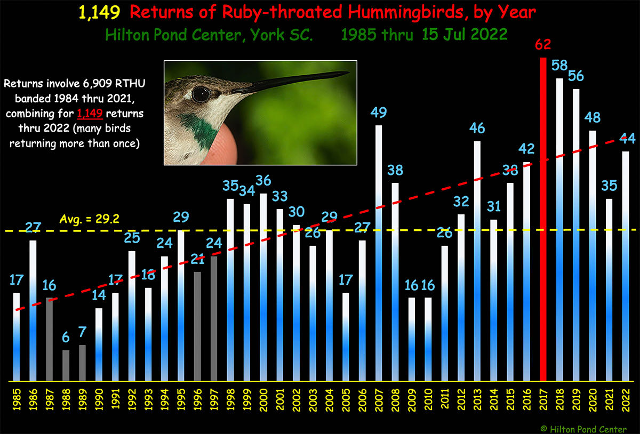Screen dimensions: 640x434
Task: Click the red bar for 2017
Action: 543,219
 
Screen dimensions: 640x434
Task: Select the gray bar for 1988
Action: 66,365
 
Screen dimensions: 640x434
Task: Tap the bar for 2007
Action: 379,253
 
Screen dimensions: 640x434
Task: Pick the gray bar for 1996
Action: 197,326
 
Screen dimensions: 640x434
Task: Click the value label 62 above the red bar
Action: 543,44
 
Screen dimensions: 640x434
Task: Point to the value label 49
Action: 379,112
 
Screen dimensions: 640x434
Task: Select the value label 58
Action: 559,66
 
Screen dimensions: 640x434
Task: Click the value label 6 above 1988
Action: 66,337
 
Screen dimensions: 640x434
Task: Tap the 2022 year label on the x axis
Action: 626,400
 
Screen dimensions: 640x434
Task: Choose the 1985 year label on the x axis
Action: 17,400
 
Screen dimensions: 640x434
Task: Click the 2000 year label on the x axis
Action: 263,400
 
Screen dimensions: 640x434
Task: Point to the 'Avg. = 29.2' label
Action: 89,219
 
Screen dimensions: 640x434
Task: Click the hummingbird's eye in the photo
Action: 201,94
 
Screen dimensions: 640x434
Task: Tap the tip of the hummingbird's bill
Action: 348,73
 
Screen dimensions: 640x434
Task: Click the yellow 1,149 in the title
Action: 99,13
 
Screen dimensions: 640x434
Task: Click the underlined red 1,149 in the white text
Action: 90,114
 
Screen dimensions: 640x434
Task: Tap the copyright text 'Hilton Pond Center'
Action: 588,429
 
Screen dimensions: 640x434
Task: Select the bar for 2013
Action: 477,261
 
